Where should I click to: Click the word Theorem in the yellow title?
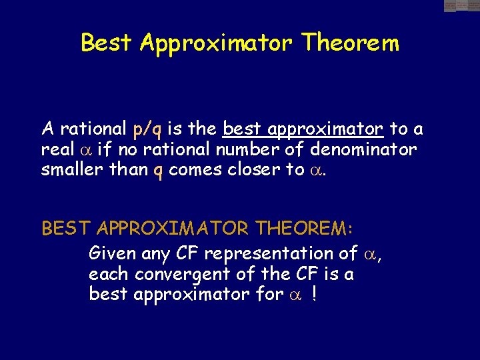(x=350, y=43)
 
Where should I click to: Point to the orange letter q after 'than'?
(x=158, y=171)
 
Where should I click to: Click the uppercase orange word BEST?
(x=66, y=229)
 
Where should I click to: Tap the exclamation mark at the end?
(x=313, y=293)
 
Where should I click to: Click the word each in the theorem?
(x=109, y=274)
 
